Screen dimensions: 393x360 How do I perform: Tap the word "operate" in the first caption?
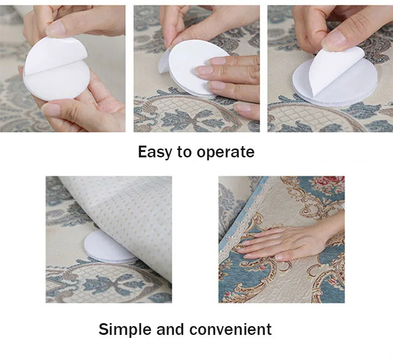[x=225, y=152]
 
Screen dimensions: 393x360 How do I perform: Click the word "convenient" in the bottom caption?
[x=230, y=329]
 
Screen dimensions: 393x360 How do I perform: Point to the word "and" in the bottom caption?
[x=170, y=329]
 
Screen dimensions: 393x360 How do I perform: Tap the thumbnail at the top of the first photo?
[x=56, y=29]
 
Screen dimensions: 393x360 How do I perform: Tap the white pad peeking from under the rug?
[x=108, y=247]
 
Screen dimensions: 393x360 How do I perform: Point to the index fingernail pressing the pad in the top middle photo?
[x=215, y=61]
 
